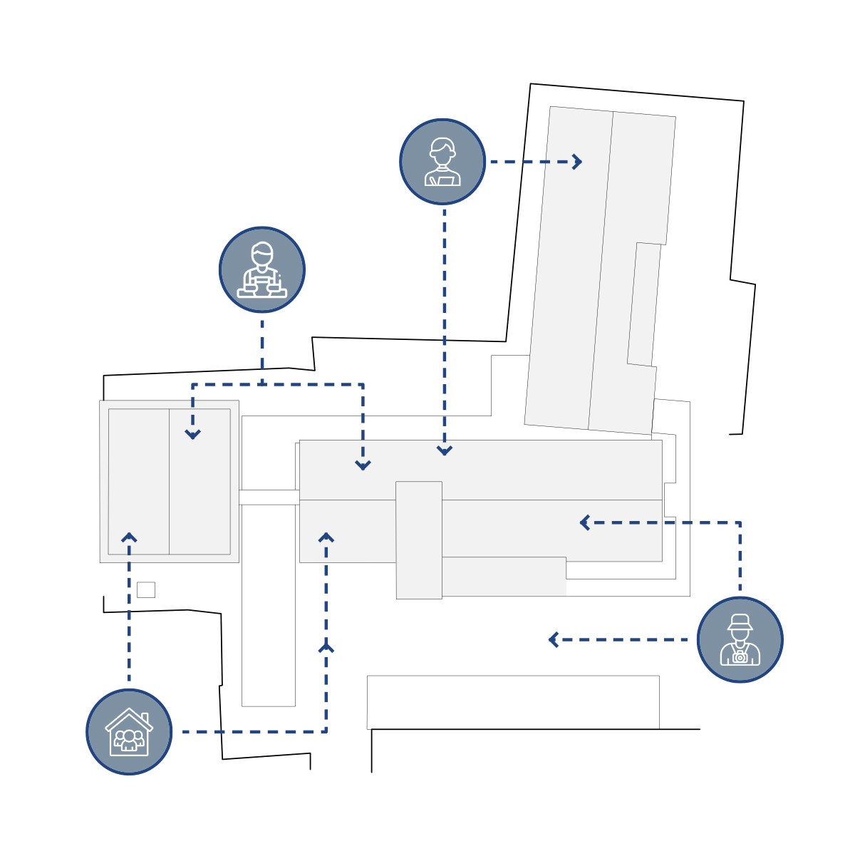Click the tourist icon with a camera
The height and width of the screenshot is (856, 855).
[740, 639]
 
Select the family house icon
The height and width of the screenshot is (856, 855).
[129, 731]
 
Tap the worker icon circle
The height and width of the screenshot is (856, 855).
[262, 269]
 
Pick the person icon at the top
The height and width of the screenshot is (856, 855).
[442, 162]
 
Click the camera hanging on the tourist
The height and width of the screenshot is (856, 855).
[740, 656]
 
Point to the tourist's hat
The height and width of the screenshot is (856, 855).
[740, 622]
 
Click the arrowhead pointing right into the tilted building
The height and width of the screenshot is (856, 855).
[577, 162]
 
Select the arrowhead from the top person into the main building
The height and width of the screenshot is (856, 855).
[445, 450]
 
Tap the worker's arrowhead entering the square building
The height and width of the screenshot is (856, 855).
[192, 433]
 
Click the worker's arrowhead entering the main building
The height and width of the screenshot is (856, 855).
[363, 465]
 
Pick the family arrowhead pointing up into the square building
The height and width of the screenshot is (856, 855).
[129, 537]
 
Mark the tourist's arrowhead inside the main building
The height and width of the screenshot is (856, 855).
[584, 522]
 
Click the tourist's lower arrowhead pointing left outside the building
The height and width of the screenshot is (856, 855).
[553, 639]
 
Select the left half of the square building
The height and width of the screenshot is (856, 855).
[138, 481]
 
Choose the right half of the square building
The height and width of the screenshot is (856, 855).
[199, 481]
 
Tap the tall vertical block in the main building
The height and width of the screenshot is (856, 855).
[418, 540]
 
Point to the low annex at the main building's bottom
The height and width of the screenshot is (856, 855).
[504, 576]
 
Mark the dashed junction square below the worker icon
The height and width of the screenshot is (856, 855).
[262, 383]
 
